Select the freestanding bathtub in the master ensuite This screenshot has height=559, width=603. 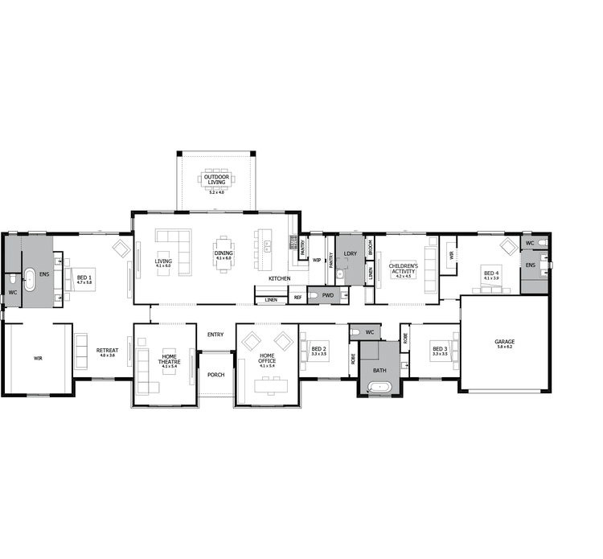pos(31,281)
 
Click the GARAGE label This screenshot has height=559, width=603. pos(505,342)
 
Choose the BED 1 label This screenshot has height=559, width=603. pos(84,275)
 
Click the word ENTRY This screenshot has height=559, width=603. pos(215,335)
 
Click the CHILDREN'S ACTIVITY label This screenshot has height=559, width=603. pos(402,268)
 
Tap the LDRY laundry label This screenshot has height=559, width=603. pos(350,254)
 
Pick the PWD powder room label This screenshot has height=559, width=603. pos(327,295)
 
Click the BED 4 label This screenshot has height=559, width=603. pos(491,273)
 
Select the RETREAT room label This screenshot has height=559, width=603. pos(106,351)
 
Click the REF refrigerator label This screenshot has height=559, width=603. pos(297,298)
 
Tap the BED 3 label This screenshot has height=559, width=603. pos(440,350)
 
